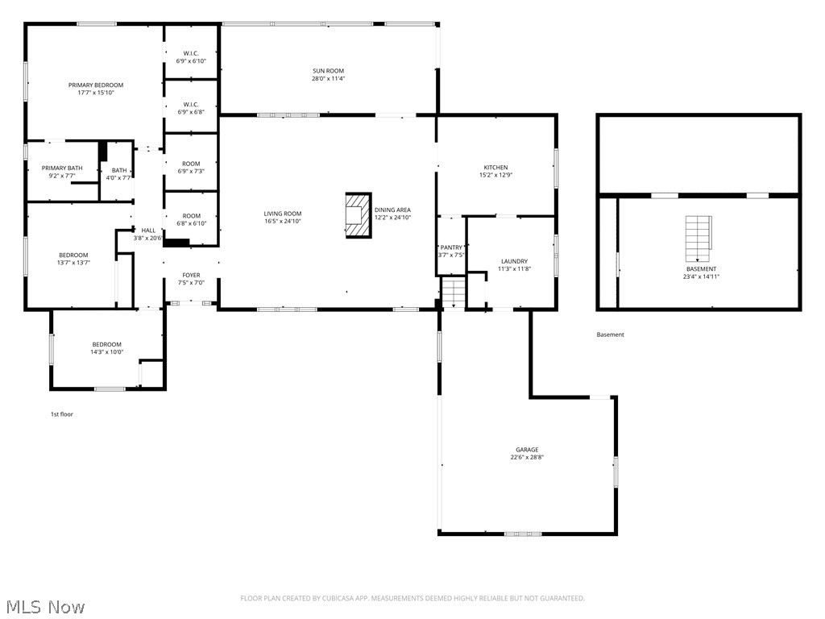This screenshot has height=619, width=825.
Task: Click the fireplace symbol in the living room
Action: tap(358, 215)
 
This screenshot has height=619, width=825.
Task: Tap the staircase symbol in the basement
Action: tap(698, 238)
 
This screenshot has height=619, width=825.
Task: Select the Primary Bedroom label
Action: tap(96, 85)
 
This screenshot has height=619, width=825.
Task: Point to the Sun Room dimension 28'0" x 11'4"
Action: tap(328, 79)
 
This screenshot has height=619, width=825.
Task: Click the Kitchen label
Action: tap(495, 168)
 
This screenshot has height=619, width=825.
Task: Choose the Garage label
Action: tap(527, 450)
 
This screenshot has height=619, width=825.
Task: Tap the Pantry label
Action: tap(451, 247)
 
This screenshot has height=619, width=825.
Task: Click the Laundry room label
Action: tap(514, 261)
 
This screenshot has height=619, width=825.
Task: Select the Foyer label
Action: tap(191, 276)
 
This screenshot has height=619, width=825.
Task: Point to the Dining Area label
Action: tap(392, 210)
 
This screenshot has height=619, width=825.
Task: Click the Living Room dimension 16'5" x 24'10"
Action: tap(283, 222)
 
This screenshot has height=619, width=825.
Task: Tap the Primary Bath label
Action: tap(62, 168)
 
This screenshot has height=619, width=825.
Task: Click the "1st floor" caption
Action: tap(62, 414)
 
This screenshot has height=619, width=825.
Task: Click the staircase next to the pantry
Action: tap(454, 293)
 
